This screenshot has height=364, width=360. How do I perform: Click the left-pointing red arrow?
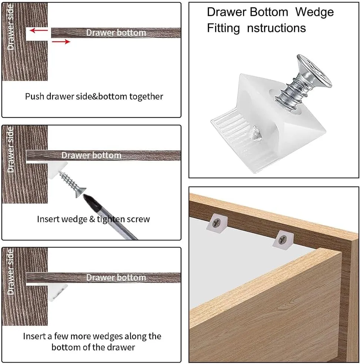(39, 30)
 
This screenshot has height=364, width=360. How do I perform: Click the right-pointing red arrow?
(61, 41)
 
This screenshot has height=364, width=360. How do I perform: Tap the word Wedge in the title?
(314, 12)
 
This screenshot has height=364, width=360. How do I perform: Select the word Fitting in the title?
(223, 28)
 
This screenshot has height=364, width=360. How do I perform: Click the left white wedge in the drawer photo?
(217, 223)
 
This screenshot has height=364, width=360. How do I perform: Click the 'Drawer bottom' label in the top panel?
(116, 33)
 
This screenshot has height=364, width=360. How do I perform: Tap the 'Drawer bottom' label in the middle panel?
(91, 155)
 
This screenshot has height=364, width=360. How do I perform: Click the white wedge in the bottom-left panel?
(57, 291)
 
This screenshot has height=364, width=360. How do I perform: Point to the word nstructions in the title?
(276, 28)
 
